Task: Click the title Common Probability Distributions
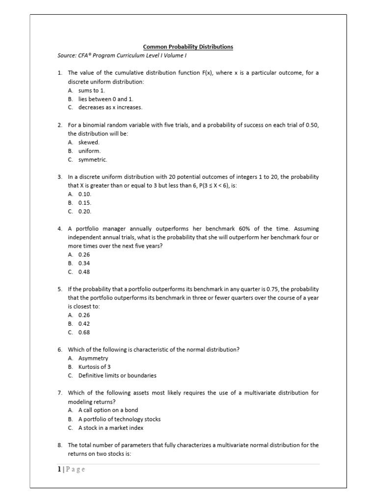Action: point(188,47)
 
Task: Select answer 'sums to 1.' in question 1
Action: point(92,90)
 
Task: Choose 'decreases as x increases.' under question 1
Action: point(110,107)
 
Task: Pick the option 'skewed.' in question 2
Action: point(89,142)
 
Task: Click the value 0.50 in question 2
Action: point(312,125)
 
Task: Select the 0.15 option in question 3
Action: point(85,202)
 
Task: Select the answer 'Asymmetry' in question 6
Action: point(93,359)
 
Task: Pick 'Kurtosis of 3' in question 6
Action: point(95,367)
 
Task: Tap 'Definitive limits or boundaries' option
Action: point(117,376)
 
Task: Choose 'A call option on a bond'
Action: point(108,410)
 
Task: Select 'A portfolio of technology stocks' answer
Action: point(119,419)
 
